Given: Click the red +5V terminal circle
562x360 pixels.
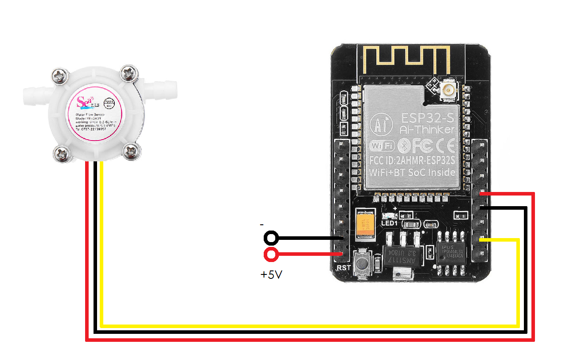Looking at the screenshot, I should pos(271,254).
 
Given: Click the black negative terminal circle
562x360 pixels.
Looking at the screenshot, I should pos(271,239).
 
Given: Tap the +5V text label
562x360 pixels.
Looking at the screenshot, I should pos(271,275).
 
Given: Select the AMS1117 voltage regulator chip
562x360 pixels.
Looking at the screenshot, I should pos(401,254).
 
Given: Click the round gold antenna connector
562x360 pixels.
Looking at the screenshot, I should pos(447,92).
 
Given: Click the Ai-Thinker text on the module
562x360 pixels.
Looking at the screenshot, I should pos(426,129).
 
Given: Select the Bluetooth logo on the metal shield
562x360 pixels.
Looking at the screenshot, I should pos(401,145).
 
